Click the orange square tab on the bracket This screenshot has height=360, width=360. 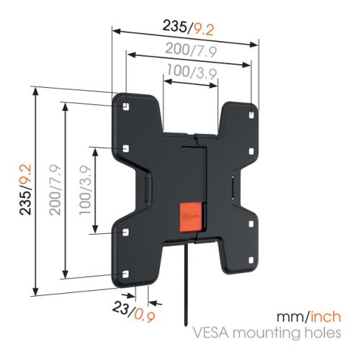[191, 217]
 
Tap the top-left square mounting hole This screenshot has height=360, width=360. [125, 106]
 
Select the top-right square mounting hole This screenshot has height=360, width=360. [251, 115]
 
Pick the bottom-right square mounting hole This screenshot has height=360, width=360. [251, 261]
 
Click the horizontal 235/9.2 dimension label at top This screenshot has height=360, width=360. [188, 28]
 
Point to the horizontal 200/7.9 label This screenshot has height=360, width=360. [191, 50]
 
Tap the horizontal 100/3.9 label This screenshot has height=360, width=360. [192, 71]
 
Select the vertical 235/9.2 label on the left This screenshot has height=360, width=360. [26, 189]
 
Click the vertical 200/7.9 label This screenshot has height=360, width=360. [55, 189]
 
